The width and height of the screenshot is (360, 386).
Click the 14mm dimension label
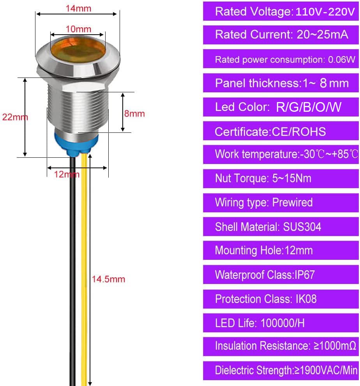78,9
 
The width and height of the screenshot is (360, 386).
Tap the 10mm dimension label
78,29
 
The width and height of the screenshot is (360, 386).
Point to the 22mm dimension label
15,117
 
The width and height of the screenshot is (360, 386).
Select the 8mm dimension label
134,114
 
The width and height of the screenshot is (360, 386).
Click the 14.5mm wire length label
108,279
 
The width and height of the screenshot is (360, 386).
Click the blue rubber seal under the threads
76,143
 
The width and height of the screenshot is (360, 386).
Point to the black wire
73,271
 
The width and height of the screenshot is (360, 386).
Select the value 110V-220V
325,12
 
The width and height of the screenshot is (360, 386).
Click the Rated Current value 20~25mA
322,34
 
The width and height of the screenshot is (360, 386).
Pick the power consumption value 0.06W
342,60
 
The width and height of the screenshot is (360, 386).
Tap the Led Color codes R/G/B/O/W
309,107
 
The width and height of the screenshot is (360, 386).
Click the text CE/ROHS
299,132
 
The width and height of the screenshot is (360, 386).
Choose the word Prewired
292,203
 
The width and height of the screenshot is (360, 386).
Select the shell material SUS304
302,227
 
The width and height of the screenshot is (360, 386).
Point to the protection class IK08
306,299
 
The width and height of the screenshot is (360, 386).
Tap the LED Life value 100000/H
282,323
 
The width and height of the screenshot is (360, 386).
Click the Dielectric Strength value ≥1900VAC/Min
325,370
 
